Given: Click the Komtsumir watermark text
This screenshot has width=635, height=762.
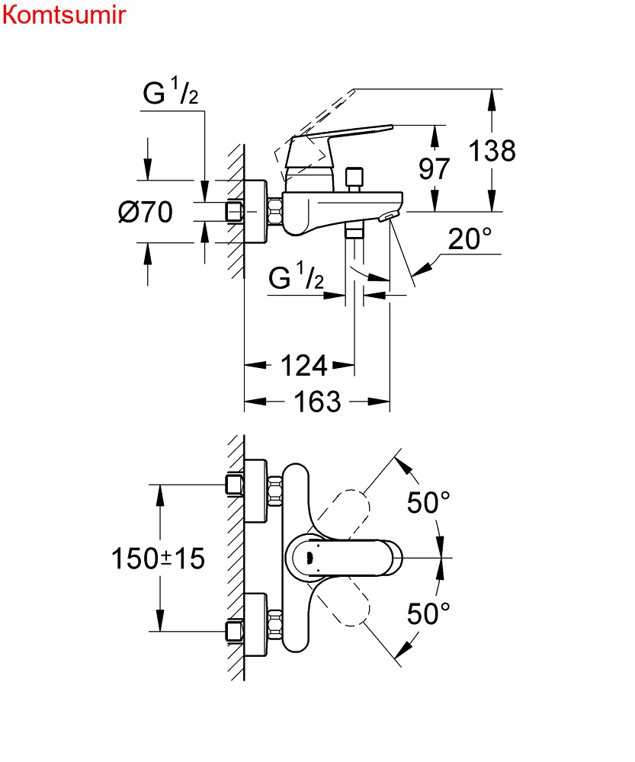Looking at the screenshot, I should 63,15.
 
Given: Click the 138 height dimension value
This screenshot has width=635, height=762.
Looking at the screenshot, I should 492,151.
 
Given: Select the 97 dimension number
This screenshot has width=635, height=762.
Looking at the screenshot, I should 435,168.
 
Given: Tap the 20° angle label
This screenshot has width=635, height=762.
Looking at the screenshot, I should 470,240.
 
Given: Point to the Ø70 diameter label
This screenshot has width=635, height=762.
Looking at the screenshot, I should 145,212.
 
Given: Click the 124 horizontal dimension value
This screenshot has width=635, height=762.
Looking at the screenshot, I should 304,367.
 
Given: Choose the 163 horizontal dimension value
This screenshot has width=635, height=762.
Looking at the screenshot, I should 317,402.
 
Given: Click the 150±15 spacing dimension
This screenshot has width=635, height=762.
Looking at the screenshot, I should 159,559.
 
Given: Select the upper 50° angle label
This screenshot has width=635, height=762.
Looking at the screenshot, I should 428,503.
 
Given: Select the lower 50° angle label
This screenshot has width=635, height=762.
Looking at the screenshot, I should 428,613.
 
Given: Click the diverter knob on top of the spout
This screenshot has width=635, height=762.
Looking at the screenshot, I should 353,179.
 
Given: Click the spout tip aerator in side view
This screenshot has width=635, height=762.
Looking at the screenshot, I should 389,218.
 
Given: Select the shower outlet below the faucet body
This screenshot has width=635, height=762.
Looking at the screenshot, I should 354,232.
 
